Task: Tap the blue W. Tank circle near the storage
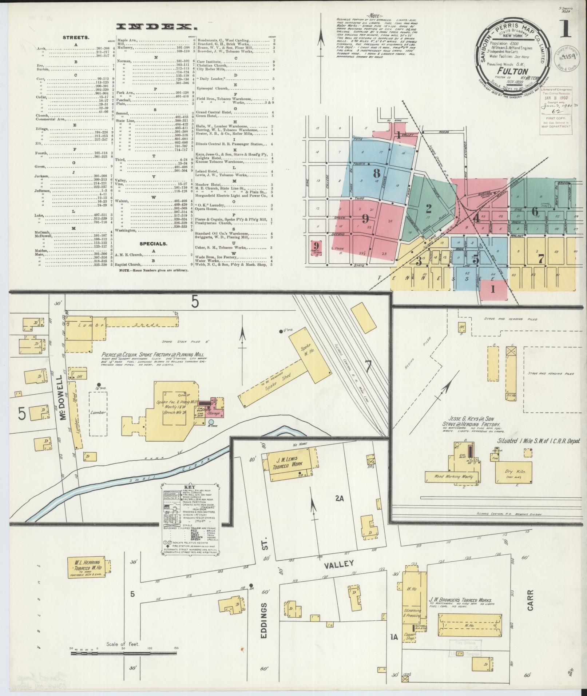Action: point(211,422)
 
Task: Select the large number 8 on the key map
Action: point(377,174)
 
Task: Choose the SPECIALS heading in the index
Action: point(153,244)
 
